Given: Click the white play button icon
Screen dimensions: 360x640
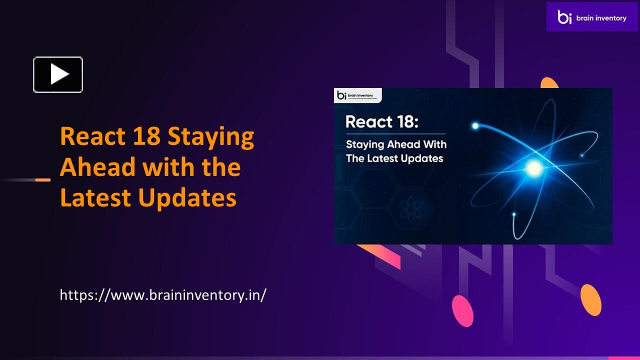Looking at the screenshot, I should click(58, 75).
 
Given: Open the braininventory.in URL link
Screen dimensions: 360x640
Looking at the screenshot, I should click(163, 294).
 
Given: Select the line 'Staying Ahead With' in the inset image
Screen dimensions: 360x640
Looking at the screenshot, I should click(396, 144).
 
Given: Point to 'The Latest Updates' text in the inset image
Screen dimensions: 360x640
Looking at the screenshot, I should click(394, 158).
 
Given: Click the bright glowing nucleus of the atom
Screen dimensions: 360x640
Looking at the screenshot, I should click(534, 168).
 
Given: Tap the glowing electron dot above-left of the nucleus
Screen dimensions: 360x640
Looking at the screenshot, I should click(475, 125).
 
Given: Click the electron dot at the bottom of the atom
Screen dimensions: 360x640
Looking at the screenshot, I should click(513, 214).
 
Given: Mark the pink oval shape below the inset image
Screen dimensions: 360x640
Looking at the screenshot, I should click(462, 310).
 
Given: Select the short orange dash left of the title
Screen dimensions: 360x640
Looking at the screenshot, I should click(43, 179).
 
